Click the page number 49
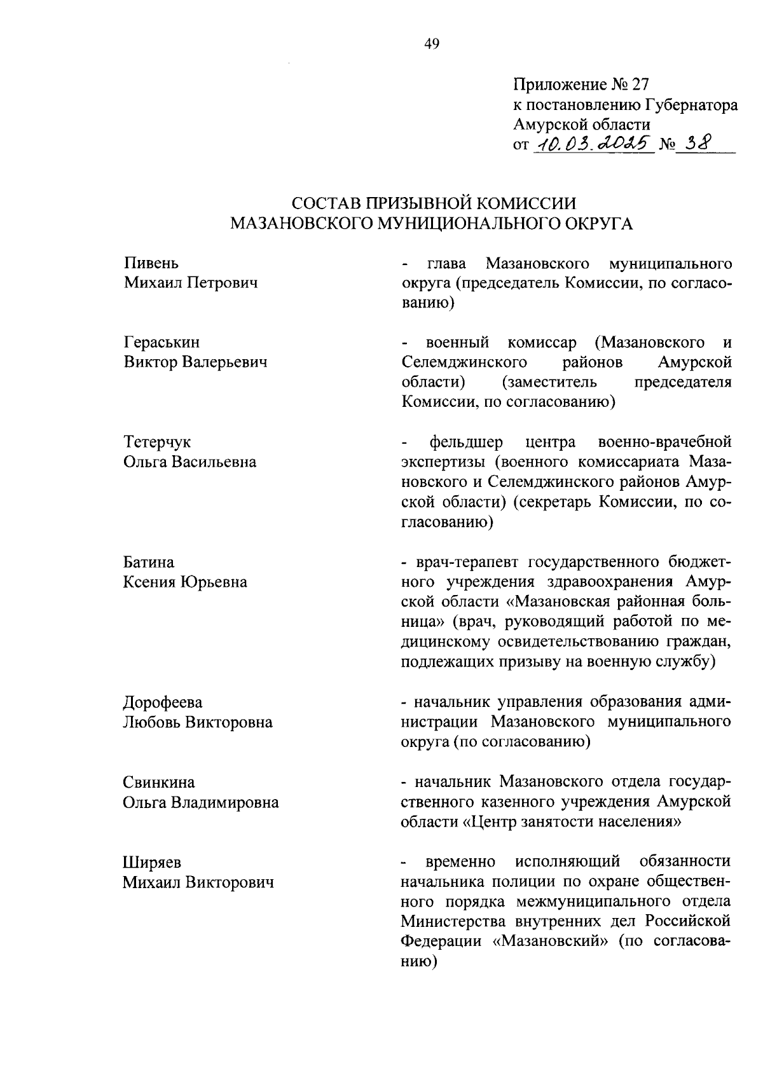[431, 44]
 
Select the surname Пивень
[151, 263]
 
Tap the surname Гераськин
[162, 343]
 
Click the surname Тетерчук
[156, 442]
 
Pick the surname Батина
[149, 563]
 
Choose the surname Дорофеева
[163, 702]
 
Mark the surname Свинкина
[159, 783]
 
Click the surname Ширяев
[152, 863]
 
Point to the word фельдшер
[466, 442]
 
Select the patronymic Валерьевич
[223, 362]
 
